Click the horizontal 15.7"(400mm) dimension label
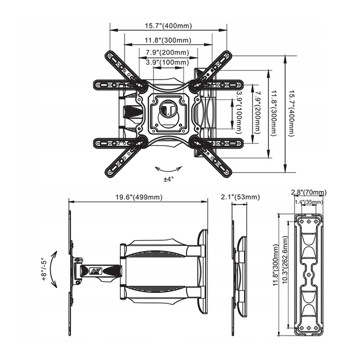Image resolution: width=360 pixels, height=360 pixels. pos(168,25)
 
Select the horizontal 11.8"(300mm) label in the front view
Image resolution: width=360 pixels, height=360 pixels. pos(168,40)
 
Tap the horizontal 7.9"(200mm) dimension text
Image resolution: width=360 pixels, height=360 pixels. pos(167,52)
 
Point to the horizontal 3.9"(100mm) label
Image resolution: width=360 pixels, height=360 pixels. pos(167,62)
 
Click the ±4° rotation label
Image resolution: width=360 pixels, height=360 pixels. pos(169,179)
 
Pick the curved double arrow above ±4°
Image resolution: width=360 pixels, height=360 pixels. pos(169,170)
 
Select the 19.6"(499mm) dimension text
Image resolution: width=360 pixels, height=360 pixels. pos(138,197)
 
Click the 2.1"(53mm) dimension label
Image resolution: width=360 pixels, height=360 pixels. pos(240,197)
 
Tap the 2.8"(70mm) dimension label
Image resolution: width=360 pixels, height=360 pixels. pos(309,192)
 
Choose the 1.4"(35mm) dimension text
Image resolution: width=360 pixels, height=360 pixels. pos(309,202)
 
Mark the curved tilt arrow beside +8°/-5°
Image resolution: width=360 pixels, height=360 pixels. pos(53,269)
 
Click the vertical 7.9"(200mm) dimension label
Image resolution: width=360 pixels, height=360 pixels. pos(258,112)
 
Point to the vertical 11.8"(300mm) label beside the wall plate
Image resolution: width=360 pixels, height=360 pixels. pos(275,265)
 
